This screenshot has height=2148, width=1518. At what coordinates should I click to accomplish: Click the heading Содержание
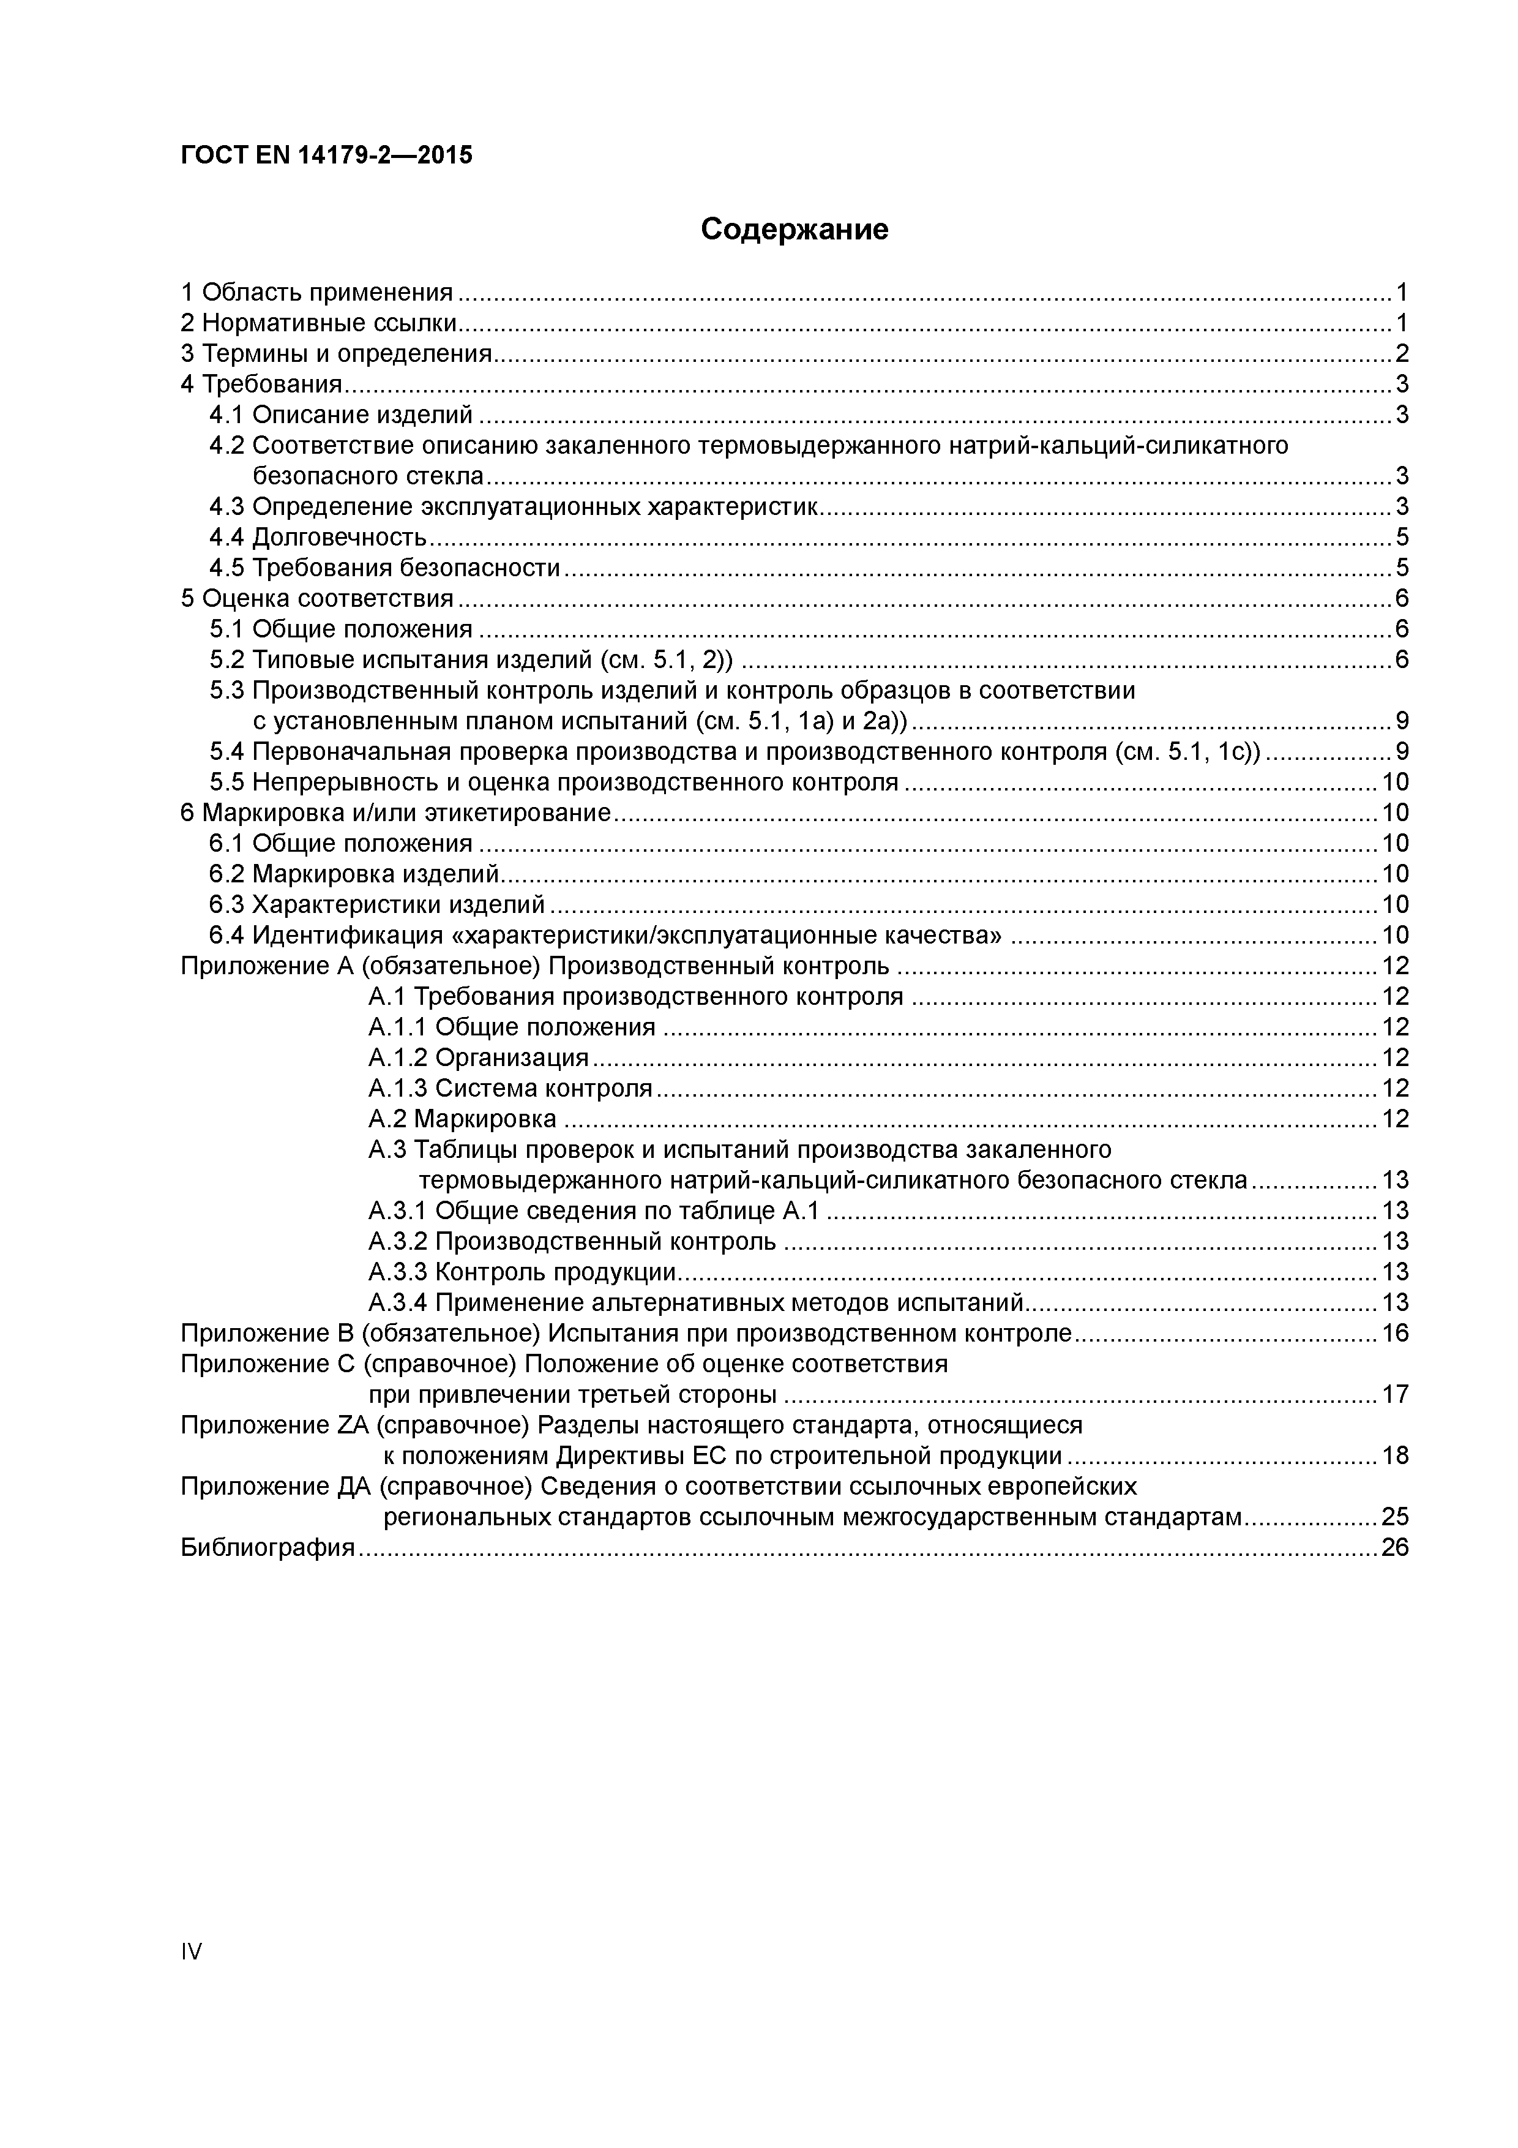point(794,229)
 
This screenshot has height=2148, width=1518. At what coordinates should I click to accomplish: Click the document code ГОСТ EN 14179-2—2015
point(326,156)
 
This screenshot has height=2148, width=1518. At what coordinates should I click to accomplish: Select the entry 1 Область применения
point(316,293)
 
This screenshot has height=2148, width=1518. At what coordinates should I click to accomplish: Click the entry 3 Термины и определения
point(336,354)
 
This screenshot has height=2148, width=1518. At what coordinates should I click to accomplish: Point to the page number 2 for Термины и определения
point(1401,354)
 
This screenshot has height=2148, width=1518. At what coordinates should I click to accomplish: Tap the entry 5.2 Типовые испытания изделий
point(471,659)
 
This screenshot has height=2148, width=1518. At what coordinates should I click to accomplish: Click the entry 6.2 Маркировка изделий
point(354,874)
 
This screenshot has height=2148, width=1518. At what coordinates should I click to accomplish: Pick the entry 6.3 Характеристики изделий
point(377,904)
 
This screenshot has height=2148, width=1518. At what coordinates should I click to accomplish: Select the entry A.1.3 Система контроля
point(510,1088)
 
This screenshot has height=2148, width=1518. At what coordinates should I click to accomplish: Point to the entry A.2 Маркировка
point(462,1119)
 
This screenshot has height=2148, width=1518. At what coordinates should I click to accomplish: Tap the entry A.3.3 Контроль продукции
point(522,1272)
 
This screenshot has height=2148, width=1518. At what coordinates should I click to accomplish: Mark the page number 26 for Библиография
point(1394,1547)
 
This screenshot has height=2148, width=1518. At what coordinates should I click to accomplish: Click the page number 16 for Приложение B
point(1394,1333)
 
